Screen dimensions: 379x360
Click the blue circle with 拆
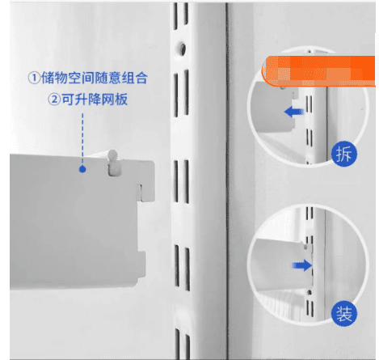(344, 154)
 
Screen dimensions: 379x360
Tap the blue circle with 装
(344, 314)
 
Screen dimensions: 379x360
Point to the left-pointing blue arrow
(294, 112)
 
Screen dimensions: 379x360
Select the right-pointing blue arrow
(302, 265)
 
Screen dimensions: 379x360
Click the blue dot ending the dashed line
(82, 169)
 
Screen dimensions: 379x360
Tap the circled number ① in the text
(34, 78)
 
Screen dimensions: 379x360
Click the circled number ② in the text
(54, 100)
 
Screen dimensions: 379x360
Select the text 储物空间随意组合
(95, 78)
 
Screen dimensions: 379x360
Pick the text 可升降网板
(95, 100)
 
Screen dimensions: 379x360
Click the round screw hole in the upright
(182, 49)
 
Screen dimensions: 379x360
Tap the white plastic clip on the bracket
(113, 163)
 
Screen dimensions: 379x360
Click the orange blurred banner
(318, 71)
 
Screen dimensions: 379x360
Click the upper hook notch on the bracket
(140, 193)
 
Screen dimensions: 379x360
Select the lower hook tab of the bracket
(141, 265)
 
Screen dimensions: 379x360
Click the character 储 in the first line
(48, 78)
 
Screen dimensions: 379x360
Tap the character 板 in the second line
(121, 100)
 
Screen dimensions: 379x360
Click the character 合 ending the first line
(141, 78)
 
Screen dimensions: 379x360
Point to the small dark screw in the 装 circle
(310, 292)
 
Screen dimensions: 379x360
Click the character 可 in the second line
(68, 100)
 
